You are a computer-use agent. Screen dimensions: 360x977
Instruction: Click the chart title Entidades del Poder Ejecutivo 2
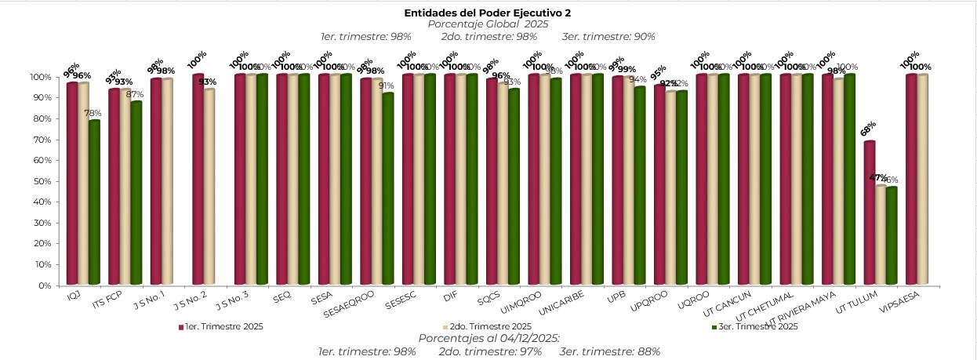click(487, 13)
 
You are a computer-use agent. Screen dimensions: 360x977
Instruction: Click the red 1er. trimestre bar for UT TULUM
click(870, 213)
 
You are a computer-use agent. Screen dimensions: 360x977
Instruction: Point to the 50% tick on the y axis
click(42, 181)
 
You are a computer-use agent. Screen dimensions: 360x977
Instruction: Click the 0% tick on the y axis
click(44, 285)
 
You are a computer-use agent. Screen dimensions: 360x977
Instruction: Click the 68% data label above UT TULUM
click(868, 128)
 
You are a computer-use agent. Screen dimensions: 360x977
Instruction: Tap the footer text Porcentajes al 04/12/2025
click(489, 338)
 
